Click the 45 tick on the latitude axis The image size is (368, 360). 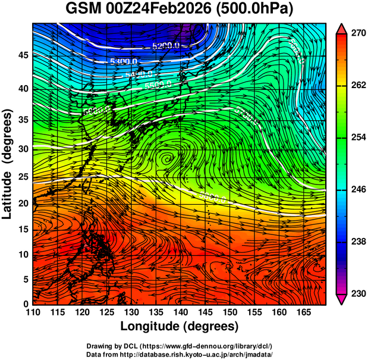[23, 55]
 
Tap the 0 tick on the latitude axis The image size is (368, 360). [26, 304]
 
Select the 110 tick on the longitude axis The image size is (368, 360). [33, 312]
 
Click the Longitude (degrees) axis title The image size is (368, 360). [180, 326]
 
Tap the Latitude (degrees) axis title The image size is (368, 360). [8, 164]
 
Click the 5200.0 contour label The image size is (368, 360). [166, 45]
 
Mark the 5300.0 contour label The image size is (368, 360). [124, 61]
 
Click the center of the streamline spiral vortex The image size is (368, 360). [167, 158]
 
